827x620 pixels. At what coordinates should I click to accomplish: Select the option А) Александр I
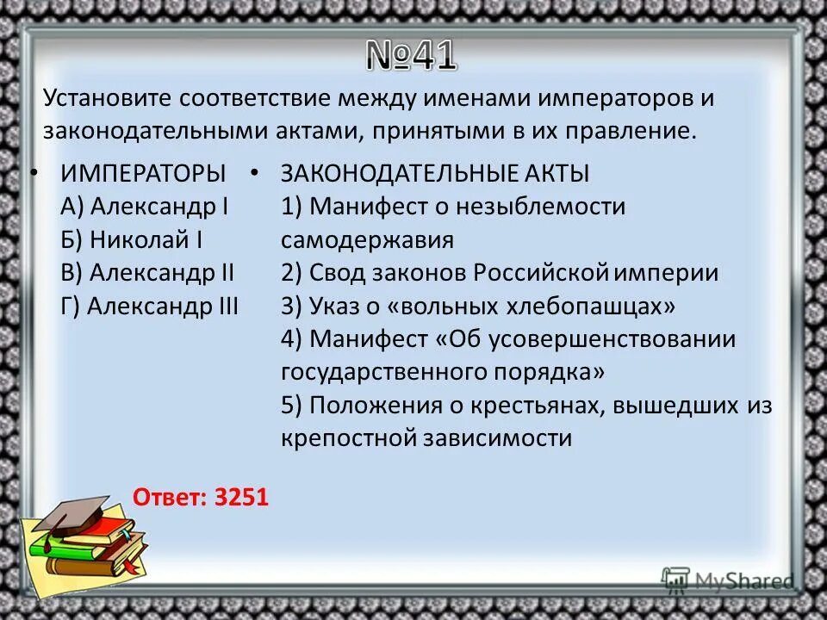144,207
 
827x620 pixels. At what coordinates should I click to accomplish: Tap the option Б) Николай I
132,240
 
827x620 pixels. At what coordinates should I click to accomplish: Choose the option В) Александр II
147,273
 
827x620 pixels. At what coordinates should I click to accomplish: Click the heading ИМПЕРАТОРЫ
143,173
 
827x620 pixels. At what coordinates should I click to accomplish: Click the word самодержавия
366,240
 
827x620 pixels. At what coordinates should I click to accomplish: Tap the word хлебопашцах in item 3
582,306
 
